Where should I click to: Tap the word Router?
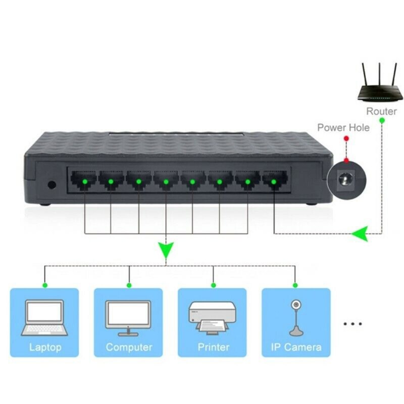pos(381,111)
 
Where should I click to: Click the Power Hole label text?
pos(343,127)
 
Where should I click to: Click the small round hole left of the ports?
pos(51,184)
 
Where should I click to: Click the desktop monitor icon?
pos(129,318)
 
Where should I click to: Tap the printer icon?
pos(212,318)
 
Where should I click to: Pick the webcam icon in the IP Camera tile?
pos(295,318)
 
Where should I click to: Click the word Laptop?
pos(45,347)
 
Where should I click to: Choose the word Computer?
pos(129,347)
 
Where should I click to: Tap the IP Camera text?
pos(295,347)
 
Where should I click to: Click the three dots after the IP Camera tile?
pos(352,324)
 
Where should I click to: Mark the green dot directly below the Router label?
pos(381,120)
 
